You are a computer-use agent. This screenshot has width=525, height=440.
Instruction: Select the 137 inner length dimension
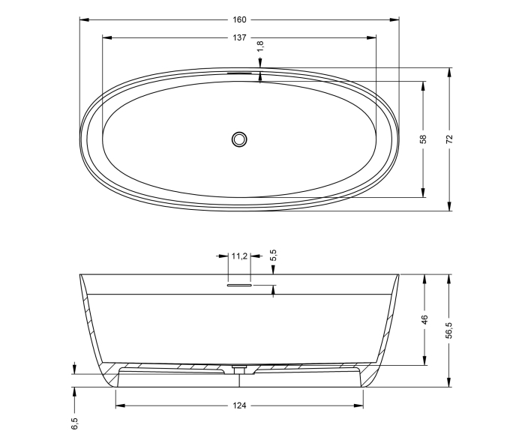pos(239,37)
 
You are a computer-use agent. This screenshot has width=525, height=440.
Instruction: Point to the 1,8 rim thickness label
pos(260,47)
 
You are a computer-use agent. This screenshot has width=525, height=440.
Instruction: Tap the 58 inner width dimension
pos(424,139)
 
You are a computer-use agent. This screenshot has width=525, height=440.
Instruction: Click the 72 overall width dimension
pos(450,139)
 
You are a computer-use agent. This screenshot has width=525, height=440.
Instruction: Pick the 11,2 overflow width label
pos(239,256)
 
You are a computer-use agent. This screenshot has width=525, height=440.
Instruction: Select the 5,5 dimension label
pos(274,256)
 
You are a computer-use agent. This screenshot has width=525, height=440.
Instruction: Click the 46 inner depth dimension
pos(424,319)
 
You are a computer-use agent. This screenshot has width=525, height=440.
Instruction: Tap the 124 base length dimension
pos(239,406)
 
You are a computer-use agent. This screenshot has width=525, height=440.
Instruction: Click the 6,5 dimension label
pos(74,424)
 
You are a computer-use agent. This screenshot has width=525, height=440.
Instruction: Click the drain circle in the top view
pos(239,139)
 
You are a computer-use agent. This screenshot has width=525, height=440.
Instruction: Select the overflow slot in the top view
pos(240,73)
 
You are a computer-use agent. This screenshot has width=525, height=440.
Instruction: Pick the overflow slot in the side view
pos(239,285)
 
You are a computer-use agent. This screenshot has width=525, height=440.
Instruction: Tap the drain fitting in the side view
pos(239,369)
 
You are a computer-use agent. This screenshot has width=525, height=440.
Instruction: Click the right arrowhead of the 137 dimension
pos(373,37)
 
